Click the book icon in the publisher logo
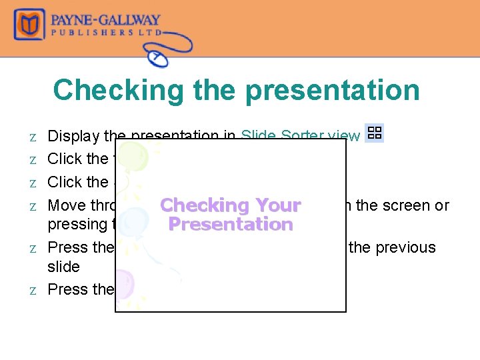30,25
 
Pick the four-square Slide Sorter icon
375,132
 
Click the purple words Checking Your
230,205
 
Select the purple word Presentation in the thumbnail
230,225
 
